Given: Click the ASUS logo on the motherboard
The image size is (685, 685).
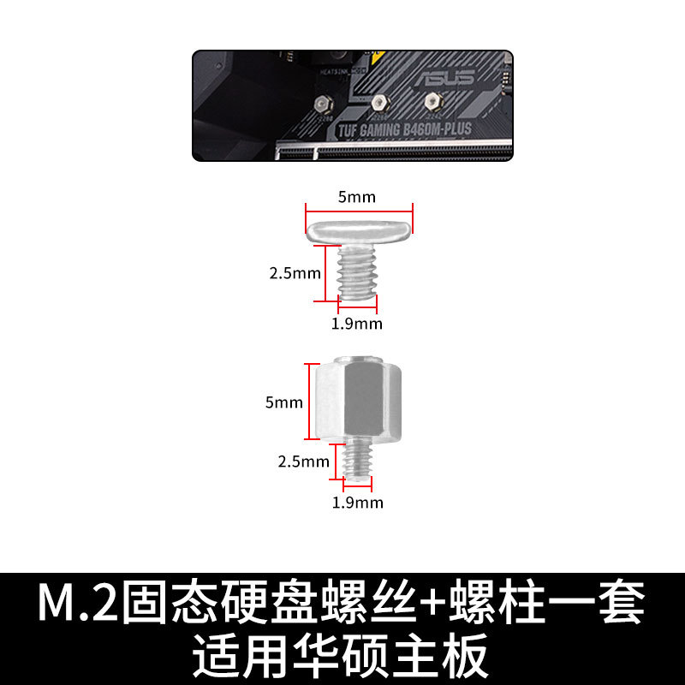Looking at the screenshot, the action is pos(445,78).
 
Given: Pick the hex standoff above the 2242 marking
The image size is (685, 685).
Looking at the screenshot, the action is pos(430,102).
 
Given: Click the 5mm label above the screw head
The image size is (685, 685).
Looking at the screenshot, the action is pos(356,197).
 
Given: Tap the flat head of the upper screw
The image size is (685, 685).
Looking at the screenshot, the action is pos(359,229).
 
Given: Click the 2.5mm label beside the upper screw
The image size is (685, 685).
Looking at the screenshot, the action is pos(295,273).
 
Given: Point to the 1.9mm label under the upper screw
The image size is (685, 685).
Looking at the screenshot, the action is pos(357,324).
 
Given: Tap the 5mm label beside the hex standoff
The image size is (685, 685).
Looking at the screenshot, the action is pos(284,402).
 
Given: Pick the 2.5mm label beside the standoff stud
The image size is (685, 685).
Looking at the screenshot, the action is pos(303,462).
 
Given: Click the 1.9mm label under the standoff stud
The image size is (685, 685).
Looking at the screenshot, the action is pos(357,503).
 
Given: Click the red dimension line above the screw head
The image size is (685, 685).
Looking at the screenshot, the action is pos(359,206).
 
